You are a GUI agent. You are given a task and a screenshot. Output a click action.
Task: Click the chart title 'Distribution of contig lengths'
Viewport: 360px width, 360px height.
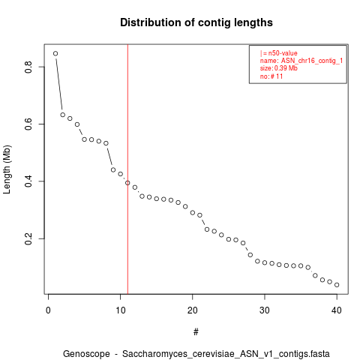[x=196, y=22]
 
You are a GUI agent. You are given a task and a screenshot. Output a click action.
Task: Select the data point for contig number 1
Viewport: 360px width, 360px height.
[x=55, y=53]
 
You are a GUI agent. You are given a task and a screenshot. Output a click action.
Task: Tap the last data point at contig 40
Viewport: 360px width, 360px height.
[x=337, y=285]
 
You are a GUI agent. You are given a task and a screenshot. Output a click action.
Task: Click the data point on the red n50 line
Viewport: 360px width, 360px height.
[x=127, y=183]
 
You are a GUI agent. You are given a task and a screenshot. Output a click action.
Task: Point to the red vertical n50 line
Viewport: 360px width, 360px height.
[x=127, y=169]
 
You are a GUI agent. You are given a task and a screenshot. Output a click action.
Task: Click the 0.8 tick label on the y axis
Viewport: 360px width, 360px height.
[x=28, y=67]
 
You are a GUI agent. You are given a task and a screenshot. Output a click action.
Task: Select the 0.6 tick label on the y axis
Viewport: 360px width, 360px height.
[x=28, y=124]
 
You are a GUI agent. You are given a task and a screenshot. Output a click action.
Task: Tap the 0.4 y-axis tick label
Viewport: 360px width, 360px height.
[x=28, y=181]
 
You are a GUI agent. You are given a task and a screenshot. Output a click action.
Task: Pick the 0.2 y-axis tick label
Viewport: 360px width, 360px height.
[x=28, y=238]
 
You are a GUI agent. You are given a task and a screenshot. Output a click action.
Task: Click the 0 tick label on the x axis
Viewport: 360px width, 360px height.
[x=48, y=310]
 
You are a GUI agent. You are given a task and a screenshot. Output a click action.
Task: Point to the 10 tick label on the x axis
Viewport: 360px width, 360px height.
[x=121, y=310]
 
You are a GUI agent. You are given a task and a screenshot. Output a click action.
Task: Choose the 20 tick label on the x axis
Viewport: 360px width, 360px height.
[x=193, y=310]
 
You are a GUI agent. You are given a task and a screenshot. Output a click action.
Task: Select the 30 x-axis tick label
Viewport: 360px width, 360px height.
[x=265, y=310]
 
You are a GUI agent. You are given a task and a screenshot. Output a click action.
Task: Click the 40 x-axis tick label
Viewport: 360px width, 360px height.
[x=337, y=310]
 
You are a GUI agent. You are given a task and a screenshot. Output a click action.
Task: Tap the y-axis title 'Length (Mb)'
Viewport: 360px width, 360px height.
[x=7, y=169]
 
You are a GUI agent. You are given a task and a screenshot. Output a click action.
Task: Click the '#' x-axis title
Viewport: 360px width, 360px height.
[x=196, y=332]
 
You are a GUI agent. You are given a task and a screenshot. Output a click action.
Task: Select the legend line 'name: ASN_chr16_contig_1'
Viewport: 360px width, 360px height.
[x=301, y=61]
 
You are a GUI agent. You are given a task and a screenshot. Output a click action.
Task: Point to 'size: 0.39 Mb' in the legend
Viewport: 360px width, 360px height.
[x=279, y=68]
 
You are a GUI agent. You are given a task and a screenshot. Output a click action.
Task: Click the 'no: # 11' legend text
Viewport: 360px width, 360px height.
[x=271, y=76]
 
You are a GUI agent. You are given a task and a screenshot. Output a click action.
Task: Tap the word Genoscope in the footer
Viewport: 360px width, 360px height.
[x=86, y=354]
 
